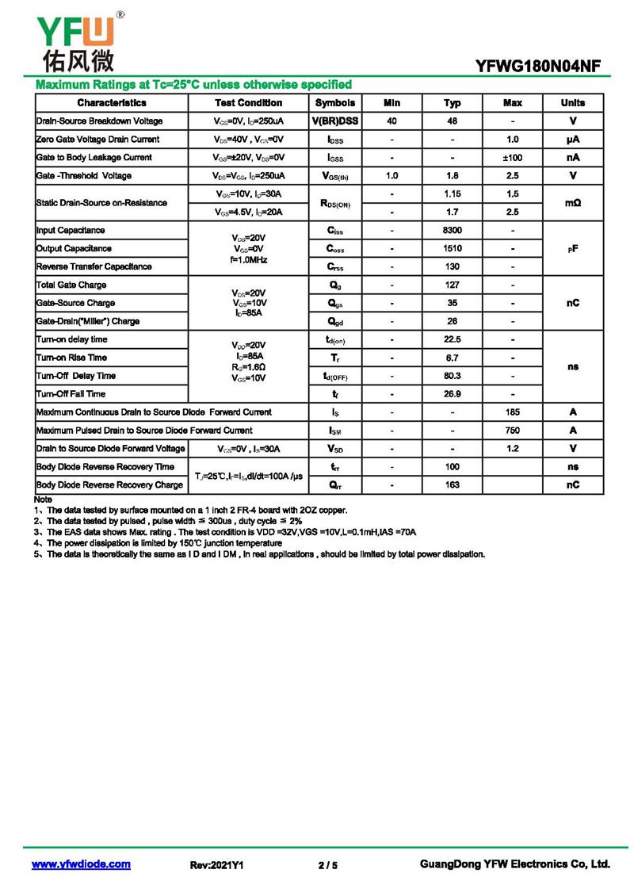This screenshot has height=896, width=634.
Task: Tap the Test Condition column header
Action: pyautogui.click(x=248, y=103)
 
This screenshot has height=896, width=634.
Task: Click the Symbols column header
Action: pyautogui.click(x=335, y=103)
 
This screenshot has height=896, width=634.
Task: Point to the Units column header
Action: pyautogui.click(x=572, y=103)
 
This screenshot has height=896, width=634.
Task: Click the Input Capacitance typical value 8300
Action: pyautogui.click(x=453, y=231)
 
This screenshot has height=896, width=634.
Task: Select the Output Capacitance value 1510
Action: pyautogui.click(x=453, y=249)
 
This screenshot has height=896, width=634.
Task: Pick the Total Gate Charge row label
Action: pyautogui.click(x=71, y=285)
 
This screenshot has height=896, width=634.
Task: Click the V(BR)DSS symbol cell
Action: pyautogui.click(x=335, y=121)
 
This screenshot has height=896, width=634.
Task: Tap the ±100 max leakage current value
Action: pyautogui.click(x=512, y=158)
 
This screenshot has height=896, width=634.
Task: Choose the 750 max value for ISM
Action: pyautogui.click(x=512, y=431)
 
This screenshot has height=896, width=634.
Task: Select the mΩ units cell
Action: pyautogui.click(x=572, y=203)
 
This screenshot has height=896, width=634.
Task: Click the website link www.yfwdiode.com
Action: pyautogui.click(x=81, y=864)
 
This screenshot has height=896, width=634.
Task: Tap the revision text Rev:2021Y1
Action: pyautogui.click(x=216, y=865)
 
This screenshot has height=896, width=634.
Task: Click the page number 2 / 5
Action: pyautogui.click(x=328, y=865)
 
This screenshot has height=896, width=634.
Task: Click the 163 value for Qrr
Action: pyautogui.click(x=453, y=485)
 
